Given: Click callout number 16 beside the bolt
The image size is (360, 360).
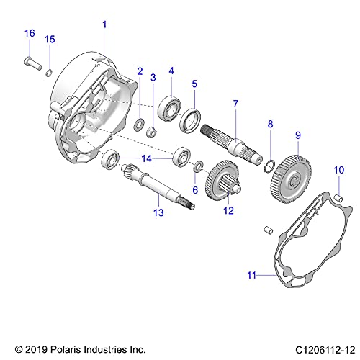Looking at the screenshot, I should [x=30, y=33].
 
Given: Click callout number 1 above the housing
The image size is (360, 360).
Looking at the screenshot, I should [x=104, y=24].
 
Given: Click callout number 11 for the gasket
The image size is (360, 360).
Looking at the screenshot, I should [x=251, y=274].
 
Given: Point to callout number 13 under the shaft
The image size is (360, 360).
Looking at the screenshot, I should [x=158, y=212].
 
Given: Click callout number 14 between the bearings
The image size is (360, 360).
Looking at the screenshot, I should [x=146, y=157].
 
